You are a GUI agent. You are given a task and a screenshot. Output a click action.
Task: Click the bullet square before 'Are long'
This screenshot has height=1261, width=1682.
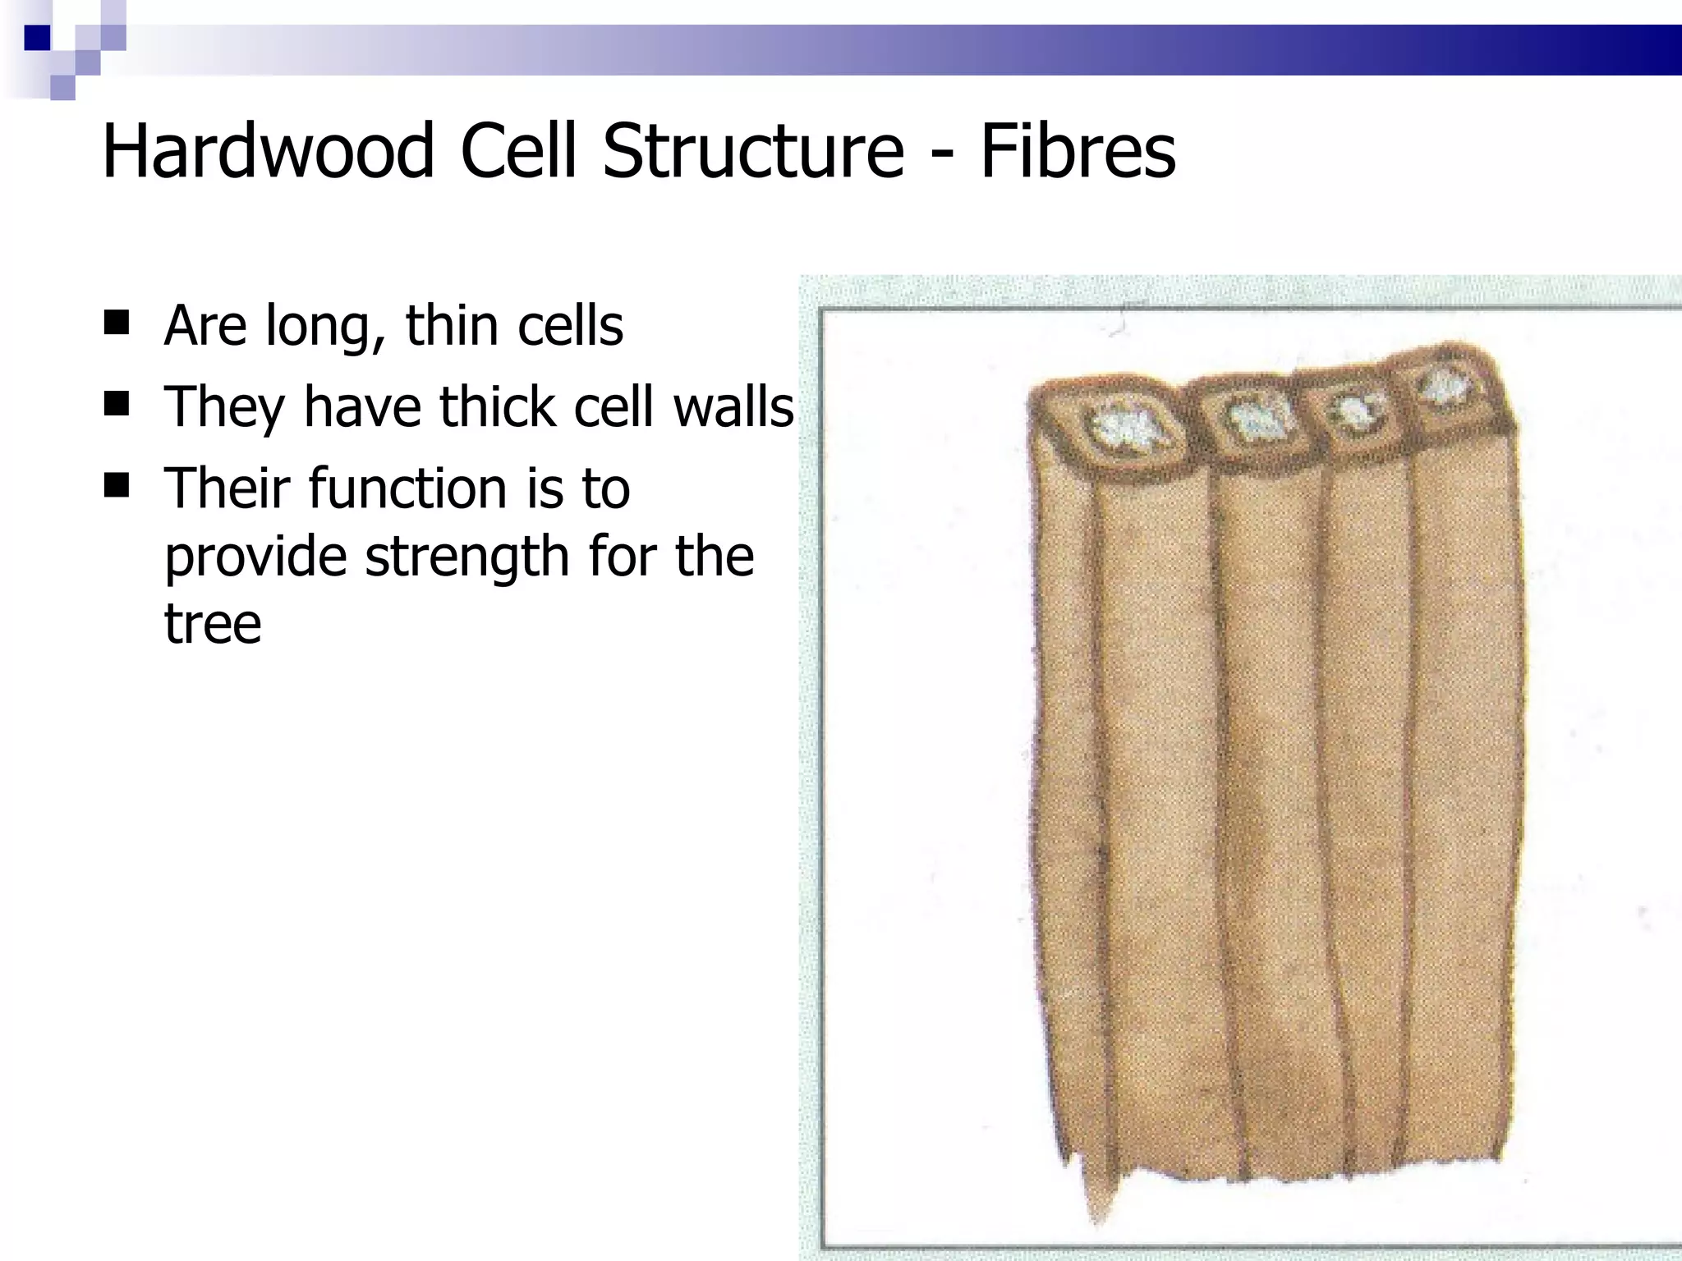pyautogui.click(x=117, y=323)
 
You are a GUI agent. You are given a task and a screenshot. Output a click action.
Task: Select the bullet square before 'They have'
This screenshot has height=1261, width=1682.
pyautogui.click(x=117, y=405)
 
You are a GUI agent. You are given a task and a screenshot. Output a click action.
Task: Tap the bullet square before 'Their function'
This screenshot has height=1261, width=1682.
pyautogui.click(x=117, y=486)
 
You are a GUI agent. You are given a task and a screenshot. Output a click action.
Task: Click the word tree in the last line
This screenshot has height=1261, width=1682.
pyautogui.click(x=213, y=624)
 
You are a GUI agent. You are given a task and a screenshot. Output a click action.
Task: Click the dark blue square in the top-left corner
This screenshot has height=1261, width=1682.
pyautogui.click(x=38, y=38)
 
